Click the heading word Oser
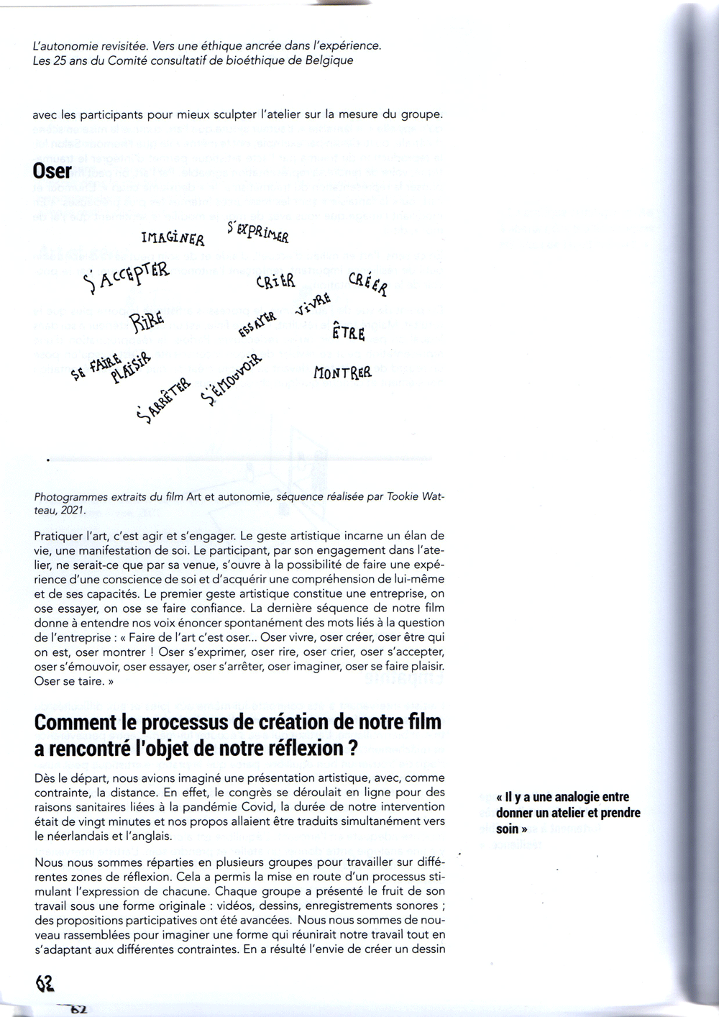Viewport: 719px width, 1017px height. [52, 170]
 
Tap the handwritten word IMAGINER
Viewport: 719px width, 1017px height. [173, 237]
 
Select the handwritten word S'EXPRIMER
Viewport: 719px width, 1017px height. [257, 232]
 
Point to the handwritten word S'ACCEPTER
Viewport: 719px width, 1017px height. [127, 278]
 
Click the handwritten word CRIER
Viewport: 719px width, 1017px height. [275, 281]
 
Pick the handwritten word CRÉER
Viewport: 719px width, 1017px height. [368, 284]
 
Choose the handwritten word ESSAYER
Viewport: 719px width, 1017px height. [257, 325]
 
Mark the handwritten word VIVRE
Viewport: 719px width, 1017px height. [313, 305]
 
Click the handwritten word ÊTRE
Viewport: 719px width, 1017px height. [349, 333]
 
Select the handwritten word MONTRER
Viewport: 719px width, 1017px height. [342, 373]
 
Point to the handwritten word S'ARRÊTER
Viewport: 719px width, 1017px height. [163, 398]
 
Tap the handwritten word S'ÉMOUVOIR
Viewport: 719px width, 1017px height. [232, 379]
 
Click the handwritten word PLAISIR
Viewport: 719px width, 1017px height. [131, 368]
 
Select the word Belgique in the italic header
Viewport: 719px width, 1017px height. [329, 60]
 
